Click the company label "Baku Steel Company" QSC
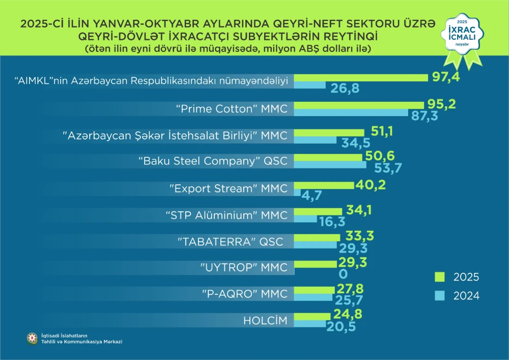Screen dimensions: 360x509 [213, 161]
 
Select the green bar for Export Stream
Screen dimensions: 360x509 [324, 185]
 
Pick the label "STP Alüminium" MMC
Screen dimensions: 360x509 [227, 215]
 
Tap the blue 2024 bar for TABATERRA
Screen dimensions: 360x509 [316, 245]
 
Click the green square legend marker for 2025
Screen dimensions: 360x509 [440, 277]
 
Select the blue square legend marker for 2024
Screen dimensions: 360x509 [440, 295]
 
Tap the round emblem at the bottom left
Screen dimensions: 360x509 [33, 338]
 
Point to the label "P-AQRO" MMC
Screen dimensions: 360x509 [245, 294]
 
